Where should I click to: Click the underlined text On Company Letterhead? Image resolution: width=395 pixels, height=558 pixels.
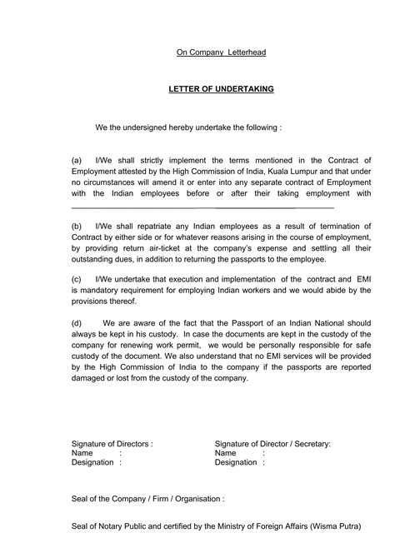click(221, 52)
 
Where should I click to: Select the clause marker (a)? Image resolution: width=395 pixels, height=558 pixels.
click(77, 158)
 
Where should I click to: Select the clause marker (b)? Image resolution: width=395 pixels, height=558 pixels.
click(77, 226)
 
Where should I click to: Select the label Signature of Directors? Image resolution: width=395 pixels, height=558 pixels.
click(112, 444)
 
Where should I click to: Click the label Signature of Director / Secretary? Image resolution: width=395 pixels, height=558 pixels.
click(272, 444)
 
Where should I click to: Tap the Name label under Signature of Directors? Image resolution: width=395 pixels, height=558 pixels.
click(82, 452)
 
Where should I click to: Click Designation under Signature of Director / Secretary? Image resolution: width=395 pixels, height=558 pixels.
click(237, 461)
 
